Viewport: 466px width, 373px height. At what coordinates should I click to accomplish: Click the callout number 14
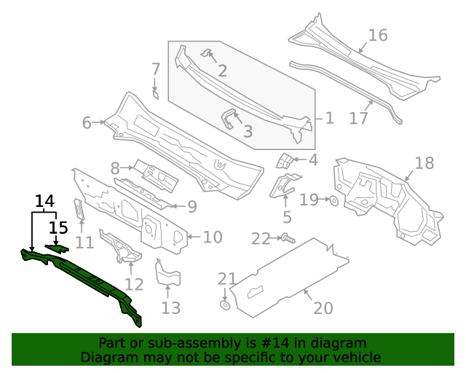pos(44,201)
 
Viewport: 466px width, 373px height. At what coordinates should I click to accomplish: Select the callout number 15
pos(59,227)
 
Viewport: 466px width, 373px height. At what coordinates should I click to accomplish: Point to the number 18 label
pos(424,162)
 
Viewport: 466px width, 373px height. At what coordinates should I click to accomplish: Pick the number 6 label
pos(87,123)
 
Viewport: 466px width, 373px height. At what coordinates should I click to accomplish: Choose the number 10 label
pos(212,237)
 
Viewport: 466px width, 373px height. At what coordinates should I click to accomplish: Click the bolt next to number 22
pos(288,237)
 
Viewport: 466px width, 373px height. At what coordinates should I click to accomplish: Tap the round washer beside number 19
pos(333,200)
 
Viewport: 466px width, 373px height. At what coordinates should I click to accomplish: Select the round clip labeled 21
pos(225,305)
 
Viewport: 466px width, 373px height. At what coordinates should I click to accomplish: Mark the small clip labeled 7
pos(155,93)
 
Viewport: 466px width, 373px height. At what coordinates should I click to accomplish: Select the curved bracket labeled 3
pos(230,118)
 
